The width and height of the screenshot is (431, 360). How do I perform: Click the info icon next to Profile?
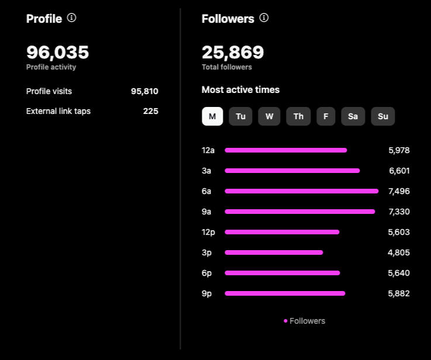tap(71, 18)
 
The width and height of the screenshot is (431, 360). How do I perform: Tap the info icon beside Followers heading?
tap(264, 18)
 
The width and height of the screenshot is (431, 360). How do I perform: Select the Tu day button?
tap(240, 116)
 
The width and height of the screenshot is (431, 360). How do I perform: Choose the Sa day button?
tap(353, 116)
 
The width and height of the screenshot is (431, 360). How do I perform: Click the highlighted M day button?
tap(212, 116)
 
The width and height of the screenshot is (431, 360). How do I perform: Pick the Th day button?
tap(298, 116)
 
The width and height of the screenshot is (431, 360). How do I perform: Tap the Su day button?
tap(383, 116)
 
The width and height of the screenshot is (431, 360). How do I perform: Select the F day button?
tap(326, 116)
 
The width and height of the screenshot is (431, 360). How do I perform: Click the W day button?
tap(269, 116)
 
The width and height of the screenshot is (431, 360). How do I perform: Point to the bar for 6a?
tap(301, 191)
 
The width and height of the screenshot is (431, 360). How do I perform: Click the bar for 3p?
tap(274, 252)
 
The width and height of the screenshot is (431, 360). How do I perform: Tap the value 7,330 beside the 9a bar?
tap(399, 212)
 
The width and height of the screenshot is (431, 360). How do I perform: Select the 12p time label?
tap(208, 232)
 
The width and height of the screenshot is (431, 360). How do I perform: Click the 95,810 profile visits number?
tap(144, 91)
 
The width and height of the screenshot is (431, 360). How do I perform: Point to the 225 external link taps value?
tap(150, 111)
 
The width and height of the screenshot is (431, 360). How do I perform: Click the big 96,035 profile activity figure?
tap(58, 53)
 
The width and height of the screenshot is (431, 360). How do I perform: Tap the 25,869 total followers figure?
tap(233, 53)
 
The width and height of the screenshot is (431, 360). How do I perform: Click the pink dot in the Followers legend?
tap(285, 321)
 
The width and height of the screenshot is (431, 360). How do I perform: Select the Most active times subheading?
tap(240, 89)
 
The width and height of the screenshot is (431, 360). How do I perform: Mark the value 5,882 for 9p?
tap(399, 293)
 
